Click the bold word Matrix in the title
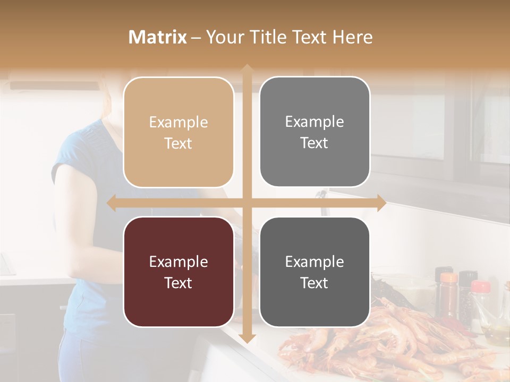[158, 37]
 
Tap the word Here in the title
[352, 37]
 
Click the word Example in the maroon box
[178, 262]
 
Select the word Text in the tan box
[178, 144]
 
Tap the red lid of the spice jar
[480, 287]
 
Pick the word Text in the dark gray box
[314, 283]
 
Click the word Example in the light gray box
[314, 122]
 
